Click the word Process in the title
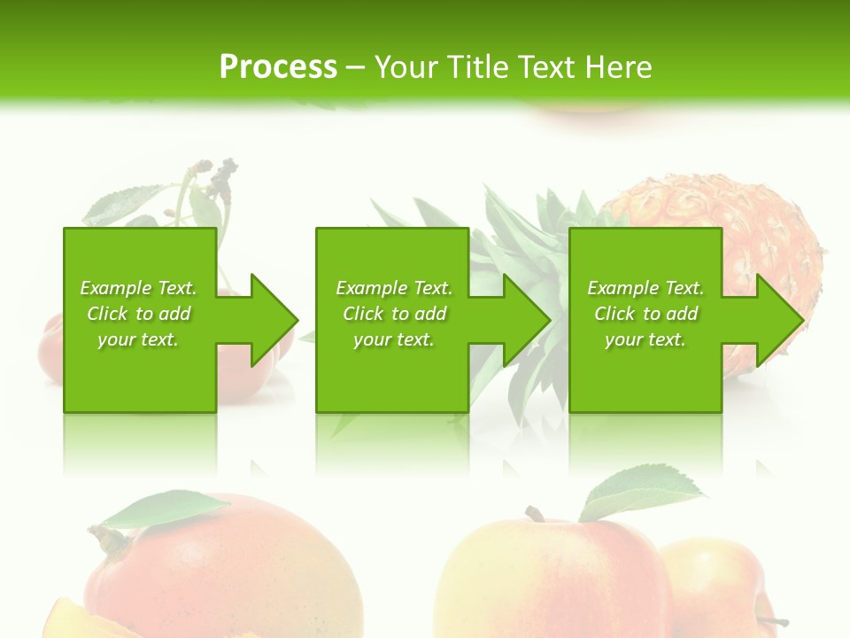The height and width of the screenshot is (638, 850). click(278, 67)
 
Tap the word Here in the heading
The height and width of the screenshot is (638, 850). click(617, 67)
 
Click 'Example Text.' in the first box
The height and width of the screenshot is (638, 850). click(138, 288)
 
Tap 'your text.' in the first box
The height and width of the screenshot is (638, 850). click(138, 339)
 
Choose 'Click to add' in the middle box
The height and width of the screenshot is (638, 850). click(394, 314)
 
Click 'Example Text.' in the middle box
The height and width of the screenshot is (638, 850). click(394, 288)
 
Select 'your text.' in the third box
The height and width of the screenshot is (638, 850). click(645, 339)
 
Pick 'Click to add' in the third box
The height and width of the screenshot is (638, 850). click(645, 314)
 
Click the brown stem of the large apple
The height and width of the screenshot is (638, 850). click(534, 514)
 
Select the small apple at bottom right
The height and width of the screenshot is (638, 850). click(717, 585)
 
